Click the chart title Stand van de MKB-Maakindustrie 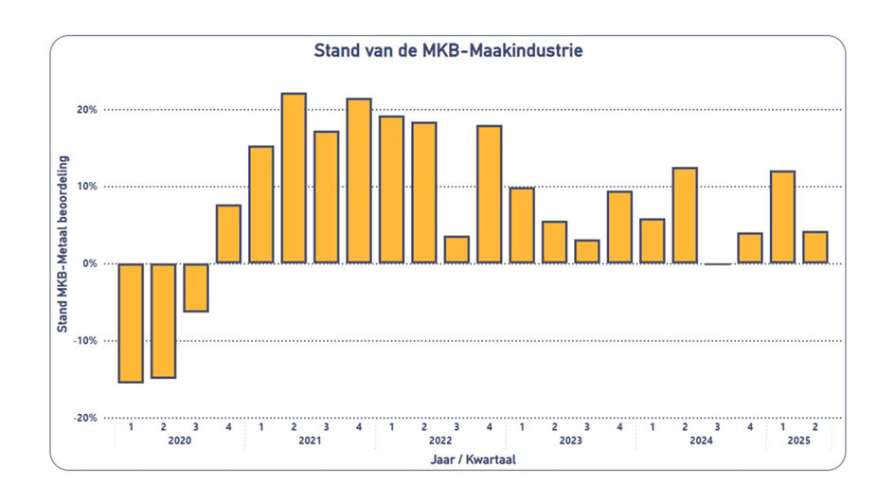tap(448, 50)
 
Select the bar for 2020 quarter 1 tap(131, 322)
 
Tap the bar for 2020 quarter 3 tap(196, 287)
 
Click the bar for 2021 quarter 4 tap(359, 181)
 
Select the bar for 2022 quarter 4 tap(489, 194)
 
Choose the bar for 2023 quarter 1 tap(522, 225)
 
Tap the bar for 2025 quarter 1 tap(782, 217)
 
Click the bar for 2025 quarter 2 tap(815, 247)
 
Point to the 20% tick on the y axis tap(87, 110)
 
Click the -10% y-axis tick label tap(85, 340)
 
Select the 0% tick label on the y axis tap(90, 263)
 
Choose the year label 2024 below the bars tap(701, 441)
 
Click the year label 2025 tap(798, 441)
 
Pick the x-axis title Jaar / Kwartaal tap(473, 459)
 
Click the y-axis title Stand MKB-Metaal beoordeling tap(63, 243)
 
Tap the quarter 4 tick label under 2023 tap(619, 426)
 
